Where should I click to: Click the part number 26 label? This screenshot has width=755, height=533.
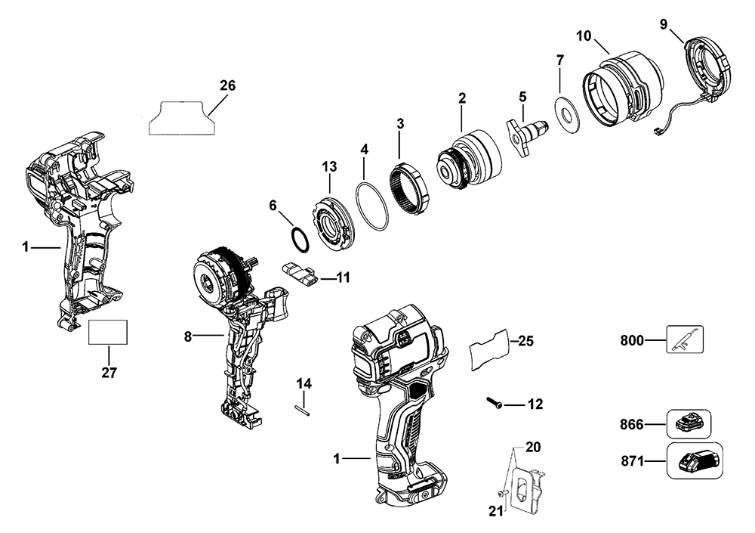(x=227, y=86)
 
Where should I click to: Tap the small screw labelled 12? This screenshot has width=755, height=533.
(x=493, y=404)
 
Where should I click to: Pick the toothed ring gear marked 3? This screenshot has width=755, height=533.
(x=412, y=187)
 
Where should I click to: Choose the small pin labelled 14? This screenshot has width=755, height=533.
(x=303, y=407)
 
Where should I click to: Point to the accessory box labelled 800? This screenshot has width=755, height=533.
(x=685, y=340)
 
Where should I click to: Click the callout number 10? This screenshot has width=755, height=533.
(x=584, y=36)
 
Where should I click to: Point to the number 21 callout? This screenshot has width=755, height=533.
(x=495, y=512)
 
